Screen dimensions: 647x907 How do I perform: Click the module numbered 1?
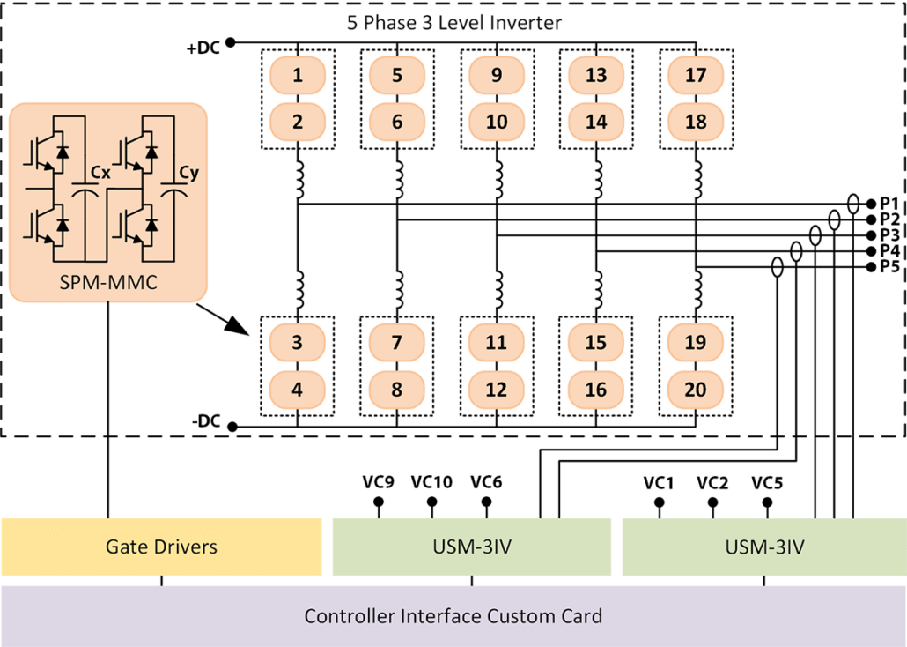pos(298,75)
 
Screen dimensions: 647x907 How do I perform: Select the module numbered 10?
pos(497,121)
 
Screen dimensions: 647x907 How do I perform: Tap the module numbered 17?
pos(696,75)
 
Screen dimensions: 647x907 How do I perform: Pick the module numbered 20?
pos(696,389)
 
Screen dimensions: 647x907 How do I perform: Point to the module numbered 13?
pos(596,75)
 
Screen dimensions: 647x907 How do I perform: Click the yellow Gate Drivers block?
pos(161,547)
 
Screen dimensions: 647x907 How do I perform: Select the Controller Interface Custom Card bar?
pos(453,615)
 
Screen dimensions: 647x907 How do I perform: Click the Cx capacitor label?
pos(101,175)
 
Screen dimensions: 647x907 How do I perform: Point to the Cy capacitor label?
pos(188,175)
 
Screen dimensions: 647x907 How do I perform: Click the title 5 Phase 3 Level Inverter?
pos(453,24)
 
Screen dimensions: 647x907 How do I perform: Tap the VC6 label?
pos(486,482)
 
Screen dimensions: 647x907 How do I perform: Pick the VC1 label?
pos(657,482)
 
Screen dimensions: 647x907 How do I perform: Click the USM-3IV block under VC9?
pos(470,547)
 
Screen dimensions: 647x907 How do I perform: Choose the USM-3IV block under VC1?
pos(763,547)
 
